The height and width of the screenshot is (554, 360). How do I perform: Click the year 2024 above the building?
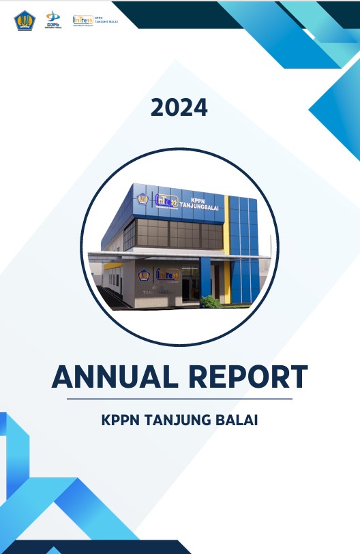[179, 108]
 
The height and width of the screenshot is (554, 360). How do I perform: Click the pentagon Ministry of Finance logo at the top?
[24, 20]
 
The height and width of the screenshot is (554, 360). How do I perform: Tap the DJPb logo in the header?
[52, 20]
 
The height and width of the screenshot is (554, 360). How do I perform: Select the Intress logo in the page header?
[83, 20]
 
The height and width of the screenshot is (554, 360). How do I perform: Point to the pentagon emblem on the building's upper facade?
[143, 200]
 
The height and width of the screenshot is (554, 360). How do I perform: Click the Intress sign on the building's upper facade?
[166, 201]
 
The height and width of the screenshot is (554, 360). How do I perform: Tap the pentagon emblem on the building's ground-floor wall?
[144, 275]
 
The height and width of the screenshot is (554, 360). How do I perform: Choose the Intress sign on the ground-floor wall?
[166, 275]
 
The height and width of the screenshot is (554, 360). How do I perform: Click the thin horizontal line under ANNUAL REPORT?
[179, 399]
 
